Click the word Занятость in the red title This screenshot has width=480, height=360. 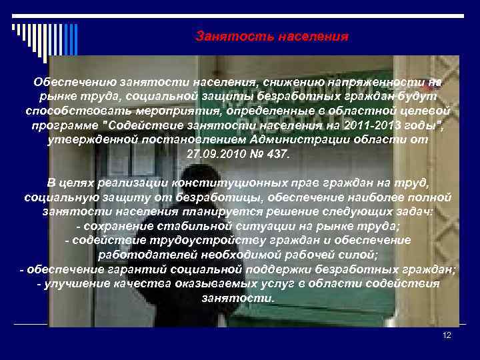pyautogui.click(x=225, y=35)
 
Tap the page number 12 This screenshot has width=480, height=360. pyautogui.click(x=447, y=335)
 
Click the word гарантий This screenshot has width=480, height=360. pyautogui.click(x=127, y=269)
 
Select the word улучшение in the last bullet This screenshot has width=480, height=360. pyautogui.click(x=76, y=284)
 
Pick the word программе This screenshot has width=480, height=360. pyautogui.click(x=61, y=125)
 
